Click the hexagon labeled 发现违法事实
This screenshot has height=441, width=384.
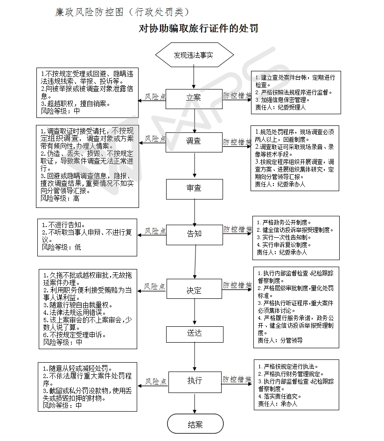click(194, 55)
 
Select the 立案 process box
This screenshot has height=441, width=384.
click(194, 97)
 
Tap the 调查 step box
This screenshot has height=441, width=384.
click(194, 141)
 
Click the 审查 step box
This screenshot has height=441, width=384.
click(194, 188)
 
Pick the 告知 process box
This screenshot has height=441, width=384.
click(194, 234)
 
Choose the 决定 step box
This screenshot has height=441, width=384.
click(194, 290)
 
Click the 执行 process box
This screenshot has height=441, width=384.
click(194, 380)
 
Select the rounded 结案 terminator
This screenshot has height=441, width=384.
click(195, 425)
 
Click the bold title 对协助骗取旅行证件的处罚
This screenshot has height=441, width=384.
click(198, 29)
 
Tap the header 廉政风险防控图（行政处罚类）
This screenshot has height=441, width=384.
click(122, 12)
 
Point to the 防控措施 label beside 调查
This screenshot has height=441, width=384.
click(237, 141)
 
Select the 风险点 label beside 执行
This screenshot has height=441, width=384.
click(155, 381)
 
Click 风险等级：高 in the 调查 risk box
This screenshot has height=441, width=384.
click(60, 199)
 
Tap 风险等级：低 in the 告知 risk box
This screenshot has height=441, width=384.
click(62, 247)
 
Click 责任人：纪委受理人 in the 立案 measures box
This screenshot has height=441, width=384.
click(280, 107)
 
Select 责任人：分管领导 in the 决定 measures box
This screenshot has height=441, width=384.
click(280, 340)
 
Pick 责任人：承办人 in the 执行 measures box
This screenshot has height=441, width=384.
click(277, 404)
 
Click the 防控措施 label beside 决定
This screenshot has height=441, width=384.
click(237, 285)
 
